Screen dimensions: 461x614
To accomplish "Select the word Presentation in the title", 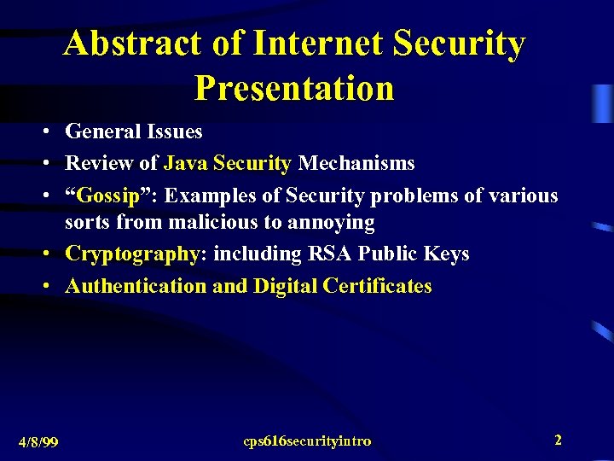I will tap(294, 87).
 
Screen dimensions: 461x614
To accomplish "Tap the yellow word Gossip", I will tap(107, 195).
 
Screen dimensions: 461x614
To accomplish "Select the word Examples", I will tap(211, 195).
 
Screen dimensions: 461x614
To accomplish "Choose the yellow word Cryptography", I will tap(132, 254).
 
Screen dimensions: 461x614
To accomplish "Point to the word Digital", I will tap(286, 285).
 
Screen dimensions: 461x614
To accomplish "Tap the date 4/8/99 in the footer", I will tap(38, 441).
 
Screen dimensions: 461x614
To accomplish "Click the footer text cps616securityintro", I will tap(307, 441).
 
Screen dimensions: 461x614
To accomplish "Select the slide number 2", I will tap(558, 440).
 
